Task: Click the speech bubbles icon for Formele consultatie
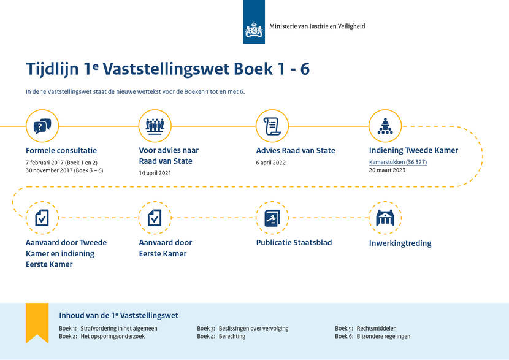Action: (42, 126)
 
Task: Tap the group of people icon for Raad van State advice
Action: (155, 126)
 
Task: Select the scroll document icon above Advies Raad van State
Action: (272, 126)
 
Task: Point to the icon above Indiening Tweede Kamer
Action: (385, 126)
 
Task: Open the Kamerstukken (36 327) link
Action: (398, 162)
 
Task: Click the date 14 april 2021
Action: (155, 173)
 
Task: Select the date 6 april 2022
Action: (270, 163)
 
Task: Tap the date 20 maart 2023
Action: (387, 170)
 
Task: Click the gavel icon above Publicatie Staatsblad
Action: (272, 218)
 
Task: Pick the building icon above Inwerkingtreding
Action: (385, 218)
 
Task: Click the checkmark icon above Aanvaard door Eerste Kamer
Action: (155, 218)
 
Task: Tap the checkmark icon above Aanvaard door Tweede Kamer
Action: (42, 218)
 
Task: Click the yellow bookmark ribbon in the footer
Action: (37, 321)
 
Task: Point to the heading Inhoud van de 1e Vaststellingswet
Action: (118, 315)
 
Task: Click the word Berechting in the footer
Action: (232, 336)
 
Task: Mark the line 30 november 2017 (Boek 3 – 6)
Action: (64, 170)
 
